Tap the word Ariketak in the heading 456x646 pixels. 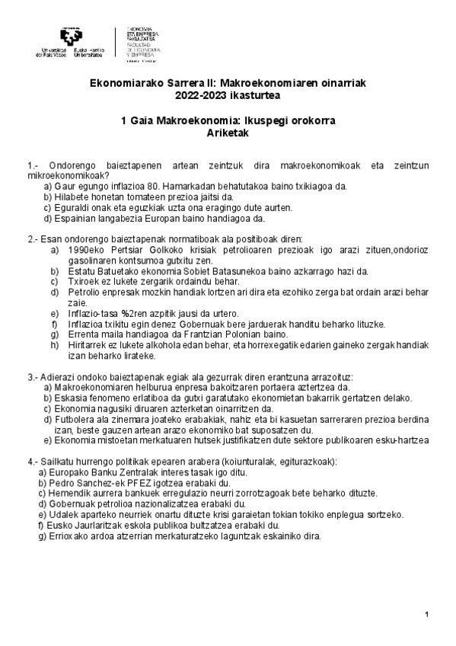coord(228,133)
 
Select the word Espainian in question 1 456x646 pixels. coord(75,217)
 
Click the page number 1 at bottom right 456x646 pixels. coord(428,615)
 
